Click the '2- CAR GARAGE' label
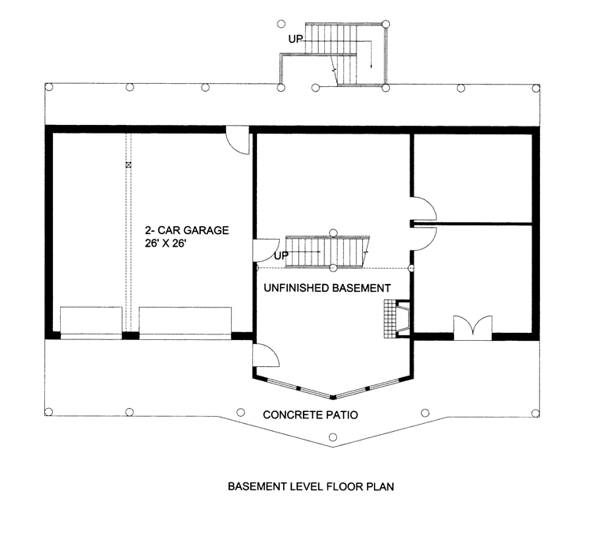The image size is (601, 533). [x=187, y=230]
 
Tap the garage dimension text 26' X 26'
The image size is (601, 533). [x=165, y=244]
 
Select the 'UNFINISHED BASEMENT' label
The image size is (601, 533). [x=327, y=288]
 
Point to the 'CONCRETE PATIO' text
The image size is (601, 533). [x=311, y=414]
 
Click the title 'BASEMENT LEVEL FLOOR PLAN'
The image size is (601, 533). [x=311, y=486]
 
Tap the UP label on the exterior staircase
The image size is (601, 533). [x=295, y=39]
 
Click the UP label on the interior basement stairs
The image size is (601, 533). [x=281, y=255]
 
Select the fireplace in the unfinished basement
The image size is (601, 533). [x=397, y=319]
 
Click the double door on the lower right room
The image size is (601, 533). [x=473, y=327]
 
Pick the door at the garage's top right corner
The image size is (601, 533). [x=238, y=140]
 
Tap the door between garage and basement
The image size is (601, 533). [x=266, y=251]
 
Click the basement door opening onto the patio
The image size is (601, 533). [x=266, y=355]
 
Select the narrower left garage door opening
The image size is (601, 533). [x=91, y=323]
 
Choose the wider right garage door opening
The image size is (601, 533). [x=185, y=323]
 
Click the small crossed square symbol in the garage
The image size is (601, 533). [x=128, y=164]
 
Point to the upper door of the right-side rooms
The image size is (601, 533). [x=424, y=209]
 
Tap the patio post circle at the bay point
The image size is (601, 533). [x=333, y=437]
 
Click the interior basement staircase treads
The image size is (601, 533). [x=327, y=252]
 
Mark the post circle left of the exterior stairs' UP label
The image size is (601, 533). [x=281, y=25]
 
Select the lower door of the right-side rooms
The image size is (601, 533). [x=424, y=239]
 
